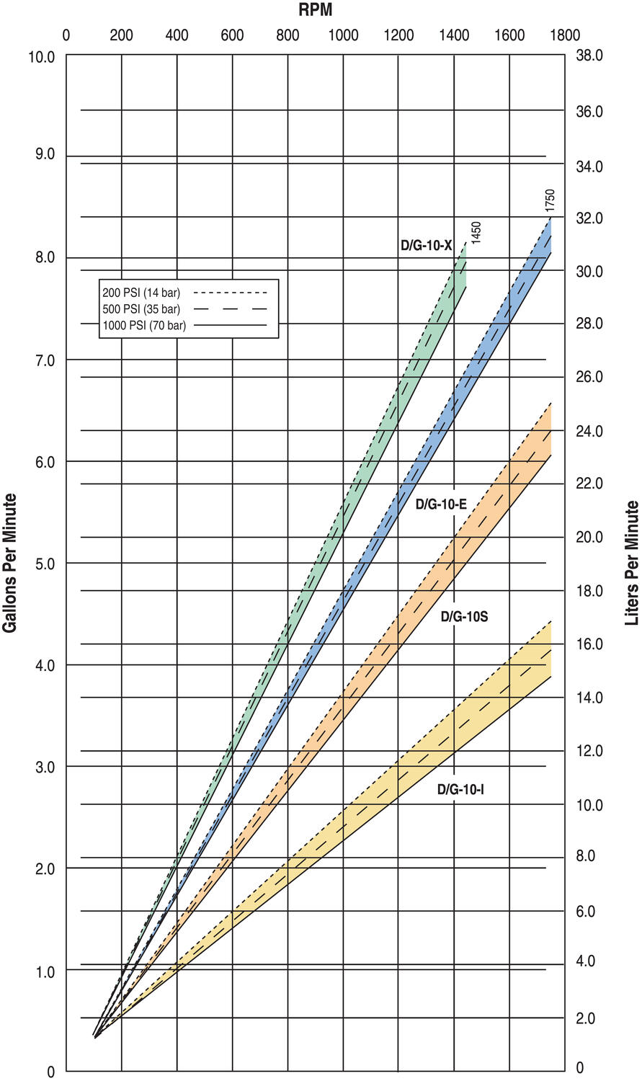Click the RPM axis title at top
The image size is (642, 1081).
(x=315, y=10)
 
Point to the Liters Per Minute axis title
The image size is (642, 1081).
(x=632, y=563)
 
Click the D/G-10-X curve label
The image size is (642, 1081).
(x=426, y=246)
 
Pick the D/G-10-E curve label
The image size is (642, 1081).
(x=441, y=504)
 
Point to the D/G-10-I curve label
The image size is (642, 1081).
(x=460, y=790)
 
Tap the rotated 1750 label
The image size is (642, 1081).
(x=550, y=200)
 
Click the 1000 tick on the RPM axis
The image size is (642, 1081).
(x=343, y=35)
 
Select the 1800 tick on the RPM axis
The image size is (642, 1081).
(x=565, y=35)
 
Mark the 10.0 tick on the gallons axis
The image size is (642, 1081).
(x=41, y=56)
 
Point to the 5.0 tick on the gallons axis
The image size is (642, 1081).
(x=45, y=564)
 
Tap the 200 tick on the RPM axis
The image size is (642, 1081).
(x=121, y=35)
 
